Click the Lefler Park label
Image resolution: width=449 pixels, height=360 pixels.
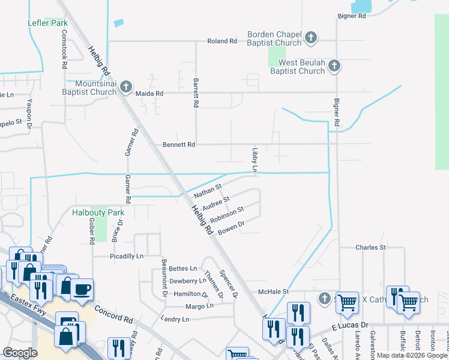pyautogui.click(x=47, y=23)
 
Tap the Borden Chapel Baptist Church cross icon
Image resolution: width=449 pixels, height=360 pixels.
pyautogui.click(x=310, y=38)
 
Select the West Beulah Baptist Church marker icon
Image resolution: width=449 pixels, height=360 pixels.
pyautogui.click(x=334, y=65)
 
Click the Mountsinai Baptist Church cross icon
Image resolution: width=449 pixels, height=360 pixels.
pyautogui.click(x=125, y=87)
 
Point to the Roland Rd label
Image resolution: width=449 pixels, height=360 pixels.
pyautogui.click(x=222, y=41)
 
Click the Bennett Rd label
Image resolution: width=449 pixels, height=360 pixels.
pyautogui.click(x=179, y=145)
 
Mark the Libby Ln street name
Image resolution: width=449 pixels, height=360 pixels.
pyautogui.click(x=255, y=160)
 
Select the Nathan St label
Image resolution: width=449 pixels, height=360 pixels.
pyautogui.click(x=208, y=191)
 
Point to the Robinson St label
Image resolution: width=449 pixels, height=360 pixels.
pyautogui.click(x=227, y=214)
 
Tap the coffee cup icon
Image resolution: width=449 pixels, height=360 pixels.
pyautogui.click(x=82, y=289)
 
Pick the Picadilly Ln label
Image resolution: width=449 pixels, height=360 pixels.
pyautogui.click(x=127, y=256)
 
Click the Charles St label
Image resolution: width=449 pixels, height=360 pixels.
pyautogui.click(x=370, y=247)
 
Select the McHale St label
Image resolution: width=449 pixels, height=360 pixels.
pyautogui.click(x=273, y=292)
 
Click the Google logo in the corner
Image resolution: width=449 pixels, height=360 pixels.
pyautogui.click(x=20, y=352)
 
